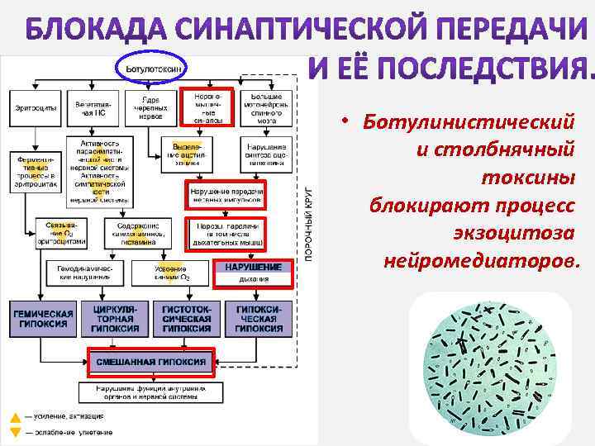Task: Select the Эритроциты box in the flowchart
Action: click(x=32, y=108)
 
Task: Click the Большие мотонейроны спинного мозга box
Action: click(x=266, y=107)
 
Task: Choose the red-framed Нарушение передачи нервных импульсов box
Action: click(x=226, y=194)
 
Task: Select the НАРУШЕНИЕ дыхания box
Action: click(x=253, y=273)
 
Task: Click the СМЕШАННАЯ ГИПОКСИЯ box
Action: click(x=150, y=362)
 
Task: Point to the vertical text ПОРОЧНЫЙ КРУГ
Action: click(x=309, y=219)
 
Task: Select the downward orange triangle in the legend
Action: click(x=14, y=432)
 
